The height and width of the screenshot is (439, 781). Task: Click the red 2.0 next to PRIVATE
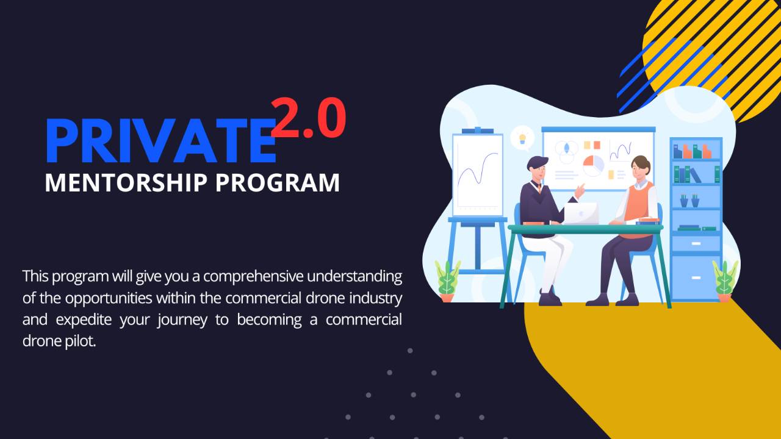pos(308,119)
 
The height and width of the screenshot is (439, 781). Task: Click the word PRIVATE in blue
pos(160,142)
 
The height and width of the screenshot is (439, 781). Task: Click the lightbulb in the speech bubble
pos(522,138)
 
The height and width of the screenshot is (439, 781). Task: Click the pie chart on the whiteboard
pos(592,165)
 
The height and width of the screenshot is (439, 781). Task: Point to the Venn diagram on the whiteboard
pos(567,151)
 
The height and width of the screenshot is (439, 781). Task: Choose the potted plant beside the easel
pos(447,282)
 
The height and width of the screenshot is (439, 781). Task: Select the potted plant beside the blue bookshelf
pos(725,281)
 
